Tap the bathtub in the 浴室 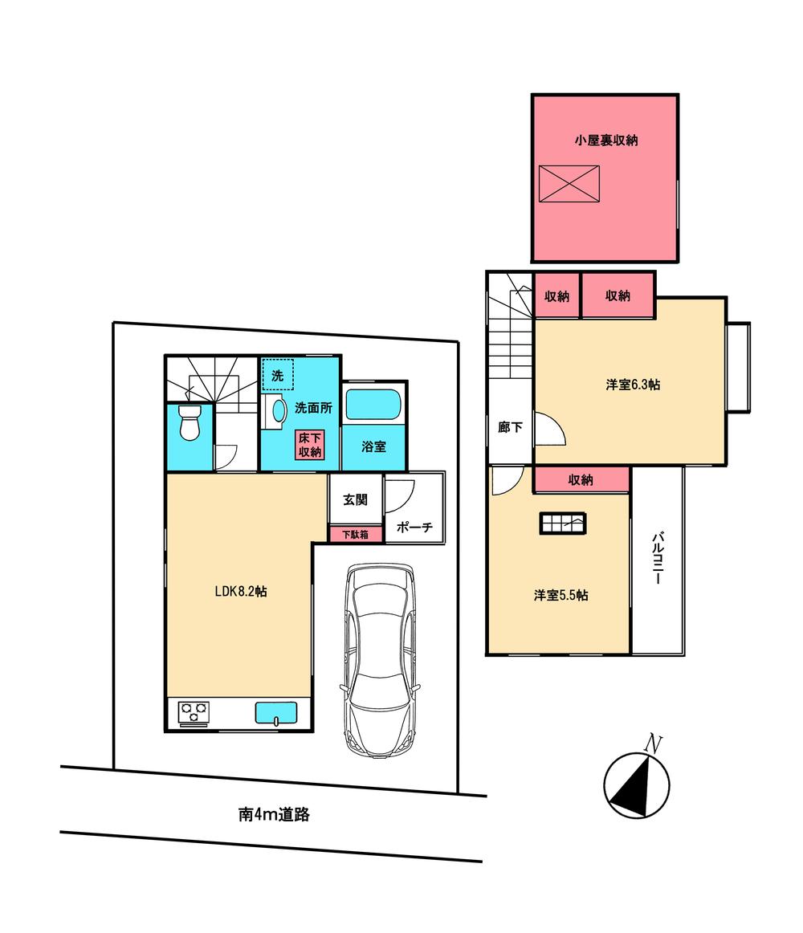tap(373, 405)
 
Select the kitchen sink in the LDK tap(275, 712)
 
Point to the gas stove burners tap(194, 711)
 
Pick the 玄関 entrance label tap(355, 499)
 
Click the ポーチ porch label tap(414, 528)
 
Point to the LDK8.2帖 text tap(241, 592)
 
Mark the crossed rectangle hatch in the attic tap(569, 184)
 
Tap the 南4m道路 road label tap(274, 814)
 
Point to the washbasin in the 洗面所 tap(278, 411)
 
